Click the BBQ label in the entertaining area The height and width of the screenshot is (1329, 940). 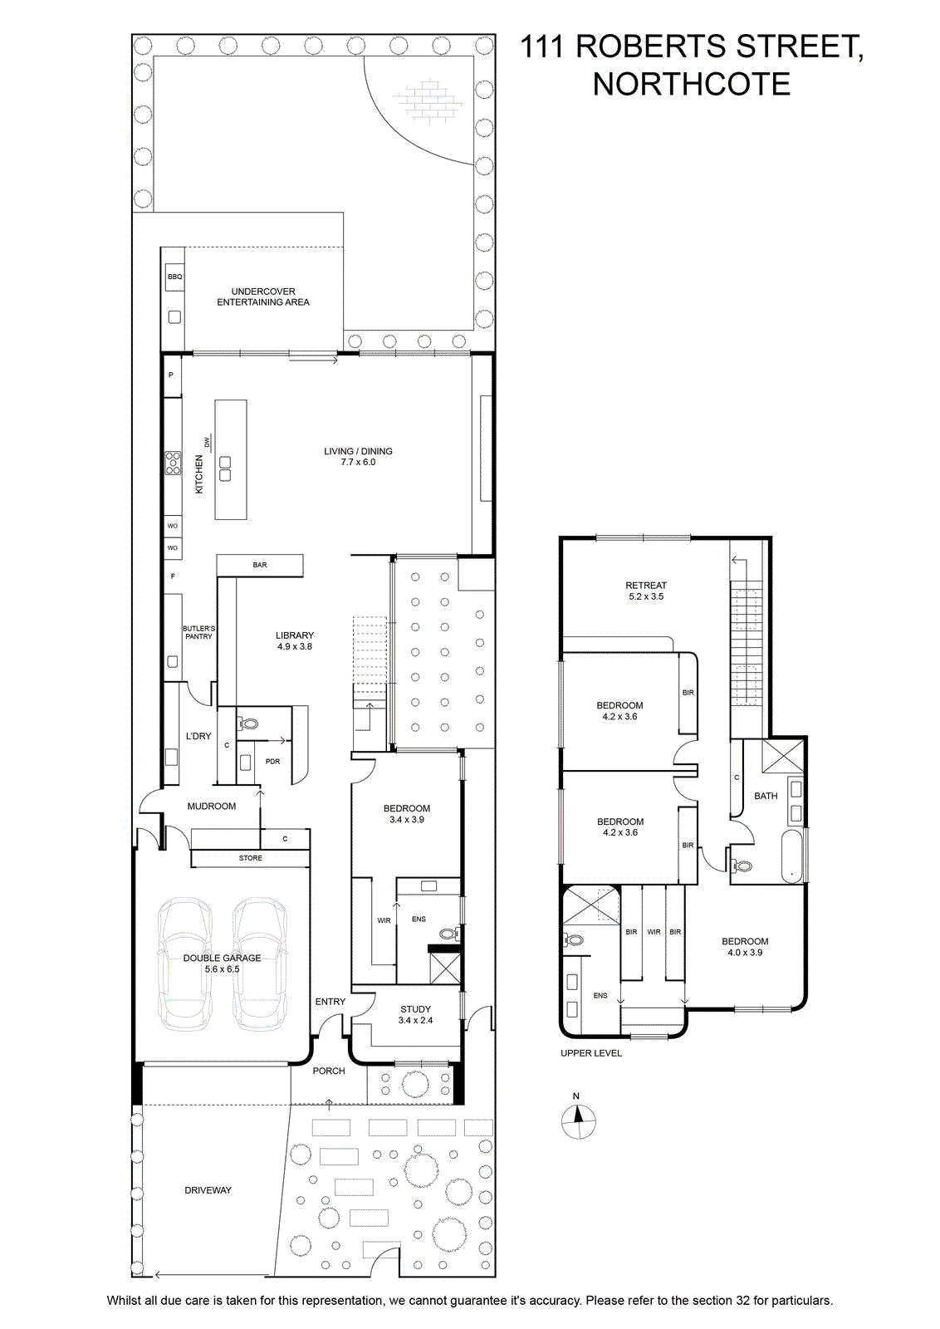(x=174, y=277)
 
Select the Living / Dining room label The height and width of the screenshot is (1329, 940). (x=358, y=456)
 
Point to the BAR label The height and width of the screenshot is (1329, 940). (x=260, y=565)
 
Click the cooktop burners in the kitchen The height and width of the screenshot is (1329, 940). (x=173, y=463)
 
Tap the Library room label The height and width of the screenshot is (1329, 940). (x=295, y=640)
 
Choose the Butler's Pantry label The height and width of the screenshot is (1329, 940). (x=198, y=632)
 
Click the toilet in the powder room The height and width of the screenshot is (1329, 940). (x=248, y=723)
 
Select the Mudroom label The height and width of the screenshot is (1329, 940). (x=212, y=807)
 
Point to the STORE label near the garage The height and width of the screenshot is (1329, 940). (x=250, y=858)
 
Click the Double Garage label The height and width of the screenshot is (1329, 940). (x=222, y=963)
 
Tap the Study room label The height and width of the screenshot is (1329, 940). (x=416, y=1014)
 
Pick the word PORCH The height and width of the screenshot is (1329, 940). (x=329, y=1071)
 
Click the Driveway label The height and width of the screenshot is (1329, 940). (x=208, y=1190)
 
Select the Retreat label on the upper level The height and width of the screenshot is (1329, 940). (x=646, y=591)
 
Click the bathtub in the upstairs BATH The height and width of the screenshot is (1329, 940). (x=791, y=856)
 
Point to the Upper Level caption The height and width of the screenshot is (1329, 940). (x=591, y=1053)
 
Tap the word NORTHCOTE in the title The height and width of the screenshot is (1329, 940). (x=692, y=84)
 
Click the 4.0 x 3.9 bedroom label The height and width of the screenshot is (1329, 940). (x=745, y=946)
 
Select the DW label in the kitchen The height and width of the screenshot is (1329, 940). (x=207, y=442)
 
